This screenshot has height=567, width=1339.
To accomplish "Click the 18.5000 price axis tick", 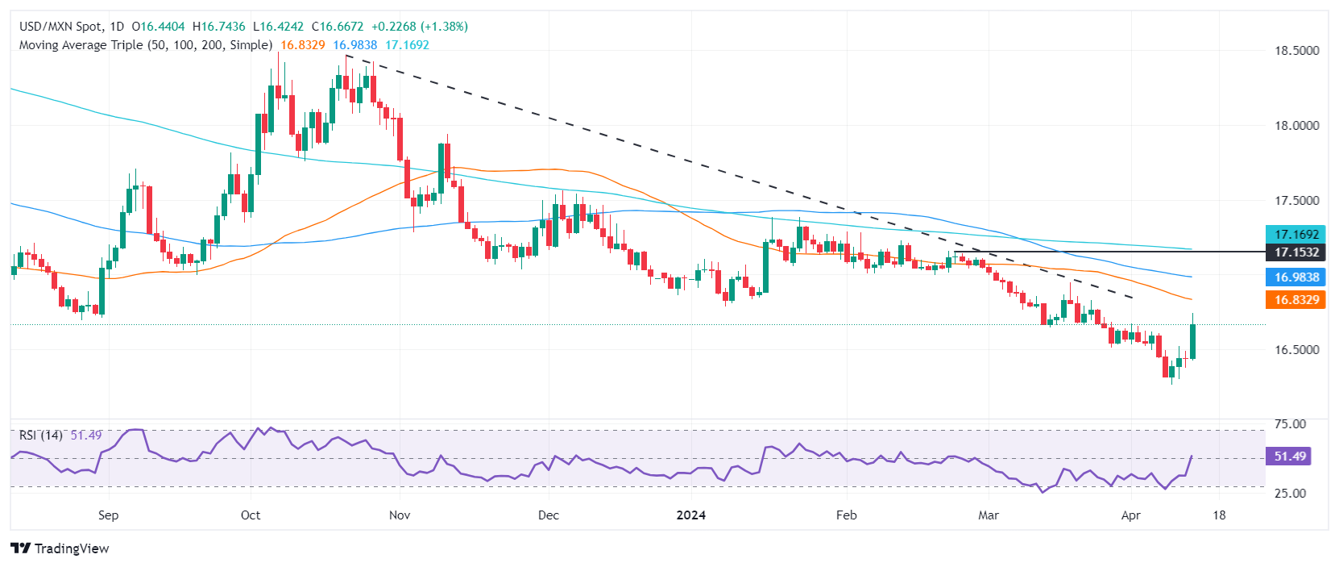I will pos(1296,50).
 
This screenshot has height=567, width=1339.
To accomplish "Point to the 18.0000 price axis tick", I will pos(1296,125).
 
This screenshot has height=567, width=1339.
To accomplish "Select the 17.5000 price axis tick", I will pos(1296,200).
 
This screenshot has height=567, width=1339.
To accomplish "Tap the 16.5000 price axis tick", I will pos(1296,350).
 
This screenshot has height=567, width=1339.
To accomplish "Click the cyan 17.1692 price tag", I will pos(1296,235).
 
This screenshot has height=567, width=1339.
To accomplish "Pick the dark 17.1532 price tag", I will pos(1296,252).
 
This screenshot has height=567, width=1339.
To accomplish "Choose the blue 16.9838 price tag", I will pos(1296,277).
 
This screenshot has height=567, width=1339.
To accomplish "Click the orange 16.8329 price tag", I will pos(1296,300).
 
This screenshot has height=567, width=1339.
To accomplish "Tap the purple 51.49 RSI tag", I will pos(1289,457).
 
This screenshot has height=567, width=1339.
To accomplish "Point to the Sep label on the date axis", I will pos(108,515).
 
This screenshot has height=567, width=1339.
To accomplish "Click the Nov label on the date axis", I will pos(400,515).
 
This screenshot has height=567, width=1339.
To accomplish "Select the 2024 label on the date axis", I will pos(691,515).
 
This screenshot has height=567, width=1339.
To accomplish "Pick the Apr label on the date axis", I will pos(1131,515).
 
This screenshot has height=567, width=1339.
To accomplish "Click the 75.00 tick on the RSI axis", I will pos(1290,424).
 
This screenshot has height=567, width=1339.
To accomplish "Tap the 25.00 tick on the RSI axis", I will pos(1290,494).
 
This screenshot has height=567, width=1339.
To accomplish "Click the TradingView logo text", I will pos(61,548).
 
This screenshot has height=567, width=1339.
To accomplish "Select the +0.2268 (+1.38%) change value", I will pos(419,27).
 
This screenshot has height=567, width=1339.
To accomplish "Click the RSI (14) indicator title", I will pos(41,436).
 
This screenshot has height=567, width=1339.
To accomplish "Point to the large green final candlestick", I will pos(1192,341).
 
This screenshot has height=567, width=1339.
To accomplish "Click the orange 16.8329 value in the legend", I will pos(303,45).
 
